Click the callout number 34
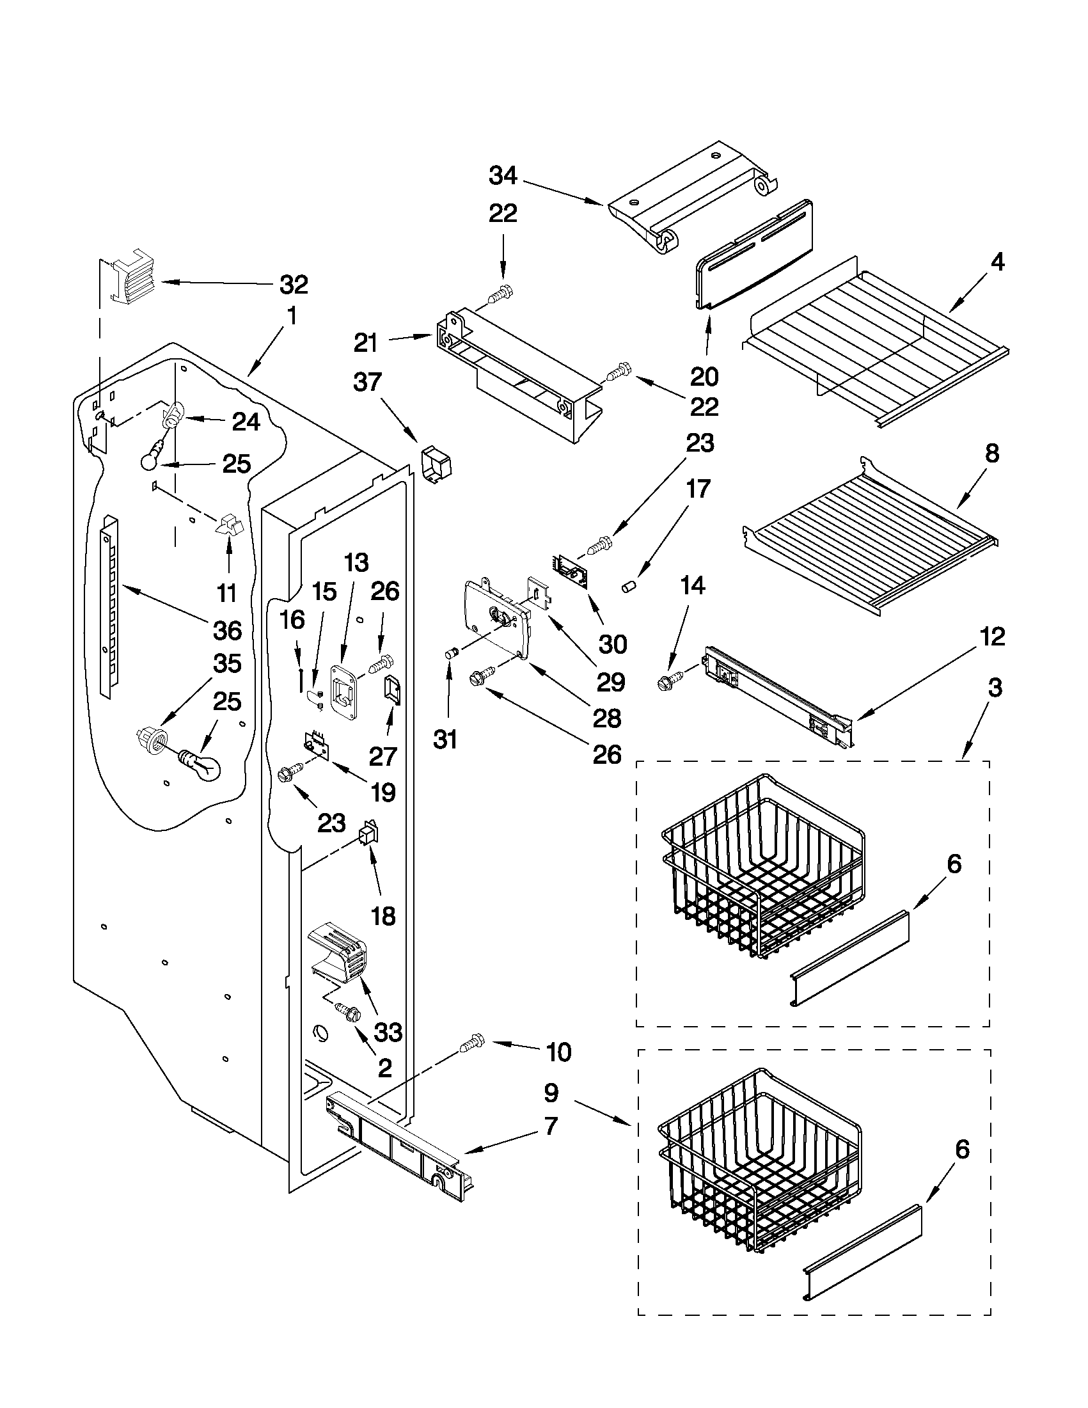(x=503, y=175)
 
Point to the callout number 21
(x=365, y=343)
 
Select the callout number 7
(x=549, y=1127)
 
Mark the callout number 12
(x=992, y=637)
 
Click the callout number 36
(x=227, y=630)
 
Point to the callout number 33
(x=388, y=1032)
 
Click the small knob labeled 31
(x=450, y=654)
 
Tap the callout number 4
(x=997, y=262)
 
